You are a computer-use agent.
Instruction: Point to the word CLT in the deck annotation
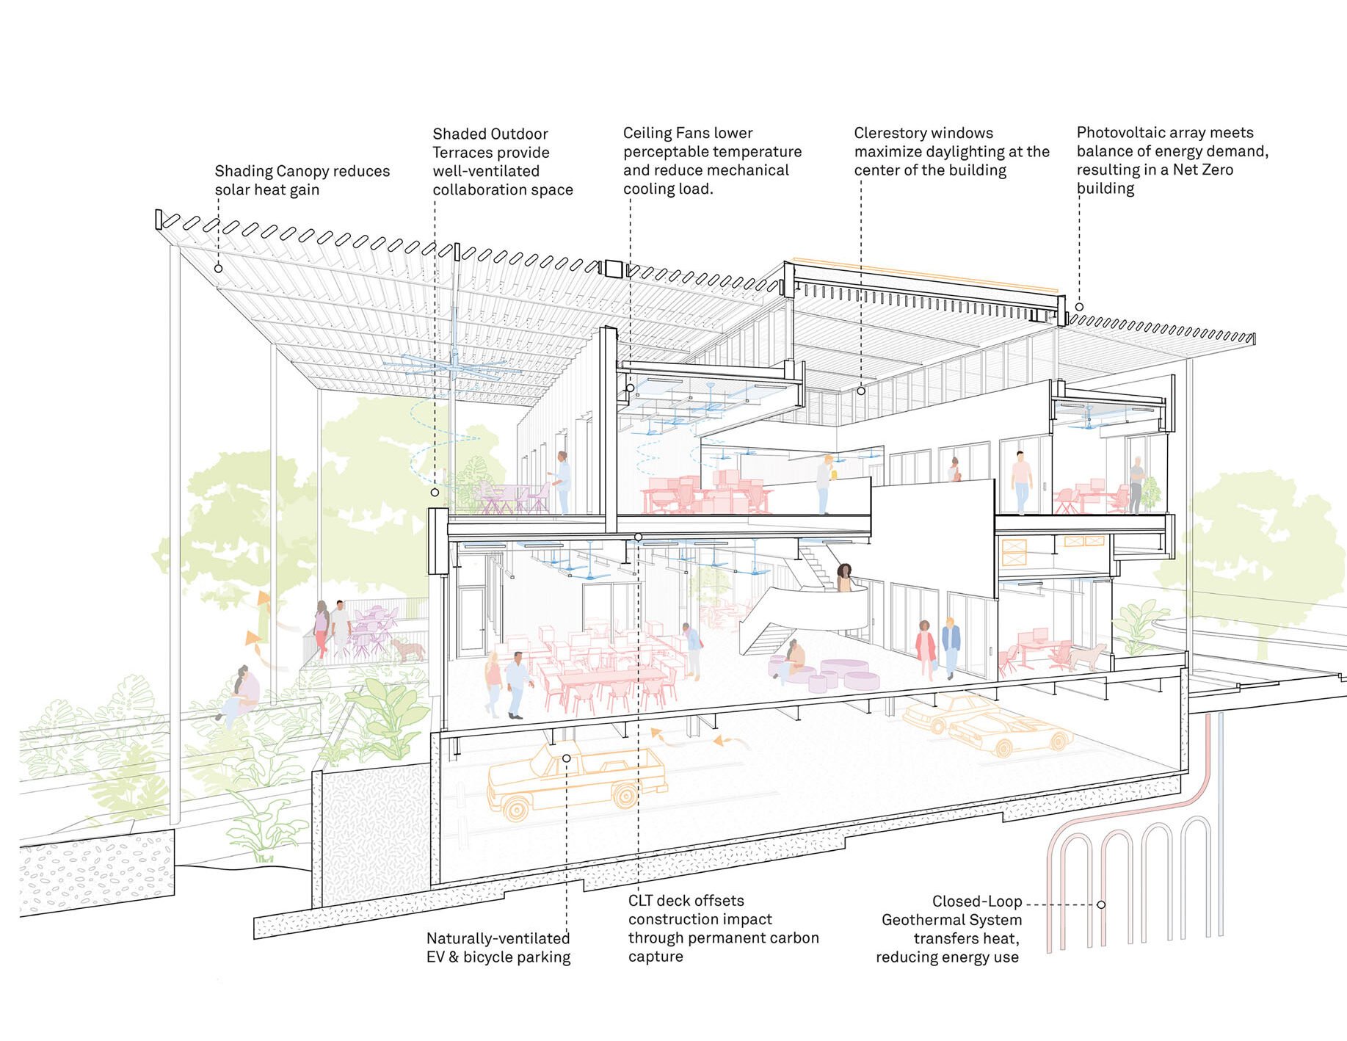pyautogui.click(x=639, y=901)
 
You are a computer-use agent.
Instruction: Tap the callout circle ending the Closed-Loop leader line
pyautogui.click(x=1100, y=904)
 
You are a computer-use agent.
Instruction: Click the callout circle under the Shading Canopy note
pyautogui.click(x=218, y=269)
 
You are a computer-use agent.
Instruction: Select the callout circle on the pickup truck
pyautogui.click(x=566, y=758)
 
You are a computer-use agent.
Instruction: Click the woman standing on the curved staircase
pyautogui.click(x=846, y=578)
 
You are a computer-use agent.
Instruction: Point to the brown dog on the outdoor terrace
pyautogui.click(x=407, y=650)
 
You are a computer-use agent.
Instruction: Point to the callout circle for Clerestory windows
pyautogui.click(x=861, y=391)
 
